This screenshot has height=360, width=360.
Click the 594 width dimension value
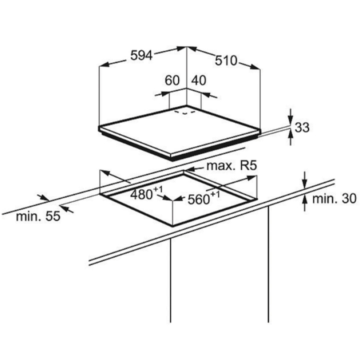pyautogui.click(x=141, y=56)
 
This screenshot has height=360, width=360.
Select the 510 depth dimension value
pyautogui.click(x=226, y=61)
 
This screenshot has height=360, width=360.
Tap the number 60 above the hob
pyautogui.click(x=172, y=80)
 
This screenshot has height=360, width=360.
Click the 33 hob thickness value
pyautogui.click(x=302, y=128)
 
